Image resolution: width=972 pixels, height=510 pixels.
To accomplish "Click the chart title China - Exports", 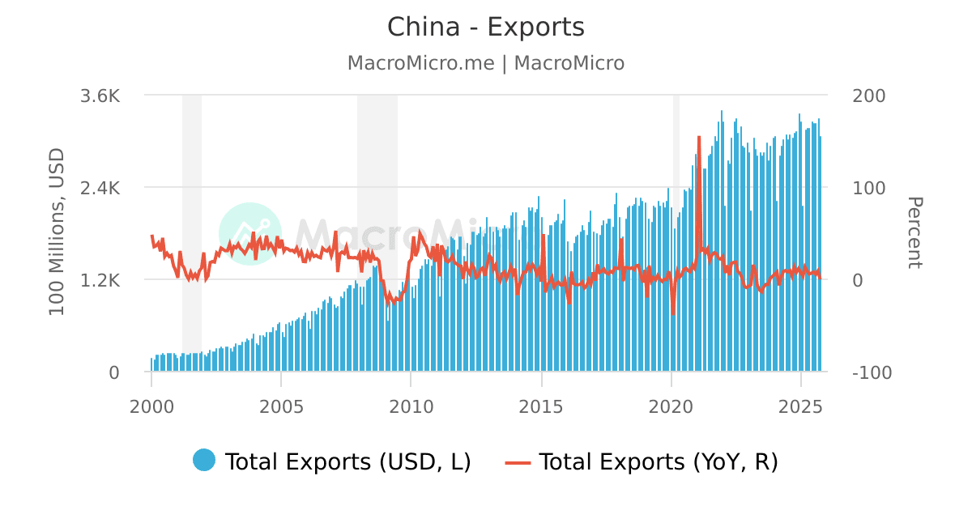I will [485, 28].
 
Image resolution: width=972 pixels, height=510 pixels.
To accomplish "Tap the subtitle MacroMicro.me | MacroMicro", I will [485, 63].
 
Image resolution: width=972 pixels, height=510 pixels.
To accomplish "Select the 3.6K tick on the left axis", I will [100, 96].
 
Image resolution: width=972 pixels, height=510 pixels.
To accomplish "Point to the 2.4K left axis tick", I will [100, 188].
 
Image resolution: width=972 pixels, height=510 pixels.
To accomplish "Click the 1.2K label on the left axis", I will [100, 280].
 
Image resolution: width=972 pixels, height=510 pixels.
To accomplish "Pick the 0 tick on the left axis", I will [114, 372].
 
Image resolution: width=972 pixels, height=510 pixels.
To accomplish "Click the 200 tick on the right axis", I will [869, 96].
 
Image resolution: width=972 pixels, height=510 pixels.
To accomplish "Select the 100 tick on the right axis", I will [869, 188].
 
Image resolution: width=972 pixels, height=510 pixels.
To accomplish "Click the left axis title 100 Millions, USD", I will [57, 232].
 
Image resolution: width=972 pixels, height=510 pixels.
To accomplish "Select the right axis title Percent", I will [914, 232].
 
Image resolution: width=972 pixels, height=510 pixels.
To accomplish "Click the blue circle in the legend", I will [204, 460].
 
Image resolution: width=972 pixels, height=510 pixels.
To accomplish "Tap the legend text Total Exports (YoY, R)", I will [658, 461].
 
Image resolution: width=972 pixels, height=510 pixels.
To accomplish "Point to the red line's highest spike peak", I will [698, 138].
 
